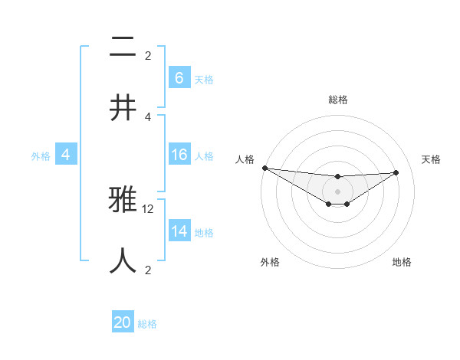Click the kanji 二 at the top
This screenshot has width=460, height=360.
point(123,47)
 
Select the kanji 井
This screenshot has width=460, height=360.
point(123,107)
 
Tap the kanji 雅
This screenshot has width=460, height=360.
point(123,201)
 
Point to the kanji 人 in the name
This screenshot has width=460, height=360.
point(123,260)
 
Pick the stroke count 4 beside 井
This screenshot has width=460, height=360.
point(148,116)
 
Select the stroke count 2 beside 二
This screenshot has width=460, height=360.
point(148,55)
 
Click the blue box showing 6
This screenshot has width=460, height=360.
point(179,78)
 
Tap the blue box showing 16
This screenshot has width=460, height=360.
point(179,155)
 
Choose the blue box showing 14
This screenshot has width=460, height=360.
point(179,231)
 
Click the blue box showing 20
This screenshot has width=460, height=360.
point(123,322)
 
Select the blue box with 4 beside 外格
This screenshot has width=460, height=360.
point(66,155)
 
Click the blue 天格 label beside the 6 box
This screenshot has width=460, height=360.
point(204,80)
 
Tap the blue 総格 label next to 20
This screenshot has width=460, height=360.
point(148,324)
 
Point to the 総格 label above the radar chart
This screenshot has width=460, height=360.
point(338,100)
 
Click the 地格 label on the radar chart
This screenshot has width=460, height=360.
point(402,262)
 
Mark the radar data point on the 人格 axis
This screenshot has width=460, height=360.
point(264,168)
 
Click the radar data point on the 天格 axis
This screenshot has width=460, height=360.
point(396,172)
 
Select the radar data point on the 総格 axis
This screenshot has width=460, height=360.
point(337,177)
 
